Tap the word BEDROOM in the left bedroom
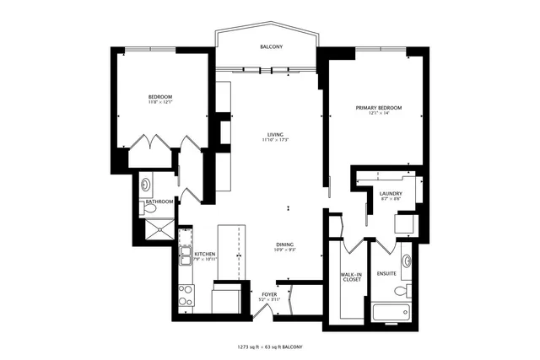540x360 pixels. (160, 98)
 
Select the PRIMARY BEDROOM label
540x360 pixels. (378, 108)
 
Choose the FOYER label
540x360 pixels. (269, 293)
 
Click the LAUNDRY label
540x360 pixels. (390, 194)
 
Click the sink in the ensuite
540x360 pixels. (407, 261)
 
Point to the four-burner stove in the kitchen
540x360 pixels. (186, 295)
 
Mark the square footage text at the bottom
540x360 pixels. (269, 347)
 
